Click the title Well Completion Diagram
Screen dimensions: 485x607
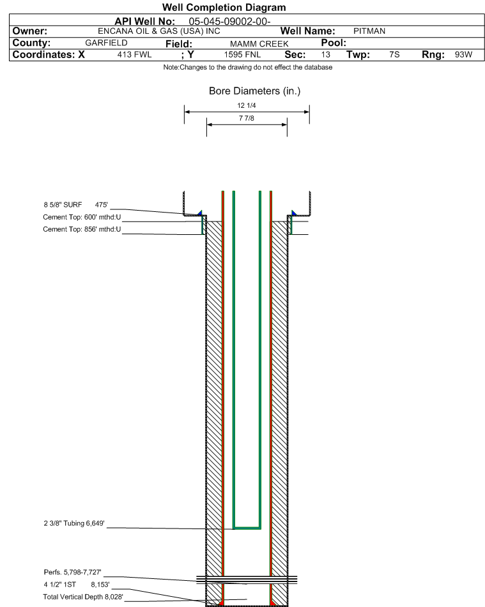click(224, 8)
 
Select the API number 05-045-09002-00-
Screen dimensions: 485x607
click(229, 22)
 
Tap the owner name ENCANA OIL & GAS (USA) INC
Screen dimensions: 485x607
click(159, 31)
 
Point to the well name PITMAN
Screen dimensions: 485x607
click(369, 31)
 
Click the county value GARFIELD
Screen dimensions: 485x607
click(106, 43)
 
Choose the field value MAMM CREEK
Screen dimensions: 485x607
click(259, 44)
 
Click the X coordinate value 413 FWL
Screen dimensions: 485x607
click(134, 55)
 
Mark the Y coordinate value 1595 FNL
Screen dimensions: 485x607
click(242, 55)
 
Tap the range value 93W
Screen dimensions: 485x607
click(463, 55)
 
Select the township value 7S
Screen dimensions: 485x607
click(394, 55)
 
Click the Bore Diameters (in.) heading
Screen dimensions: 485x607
click(255, 91)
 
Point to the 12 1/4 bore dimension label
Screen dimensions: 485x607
click(247, 105)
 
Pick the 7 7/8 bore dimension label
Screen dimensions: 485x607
click(247, 118)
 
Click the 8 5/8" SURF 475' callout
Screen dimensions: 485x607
click(75, 205)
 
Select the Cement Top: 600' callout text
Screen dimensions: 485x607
click(82, 217)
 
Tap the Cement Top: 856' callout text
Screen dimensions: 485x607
click(82, 229)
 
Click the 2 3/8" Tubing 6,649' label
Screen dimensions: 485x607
click(74, 523)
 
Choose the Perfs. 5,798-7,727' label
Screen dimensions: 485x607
click(72, 572)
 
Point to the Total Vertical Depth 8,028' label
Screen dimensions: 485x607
click(83, 597)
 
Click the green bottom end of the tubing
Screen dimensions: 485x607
click(247, 528)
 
